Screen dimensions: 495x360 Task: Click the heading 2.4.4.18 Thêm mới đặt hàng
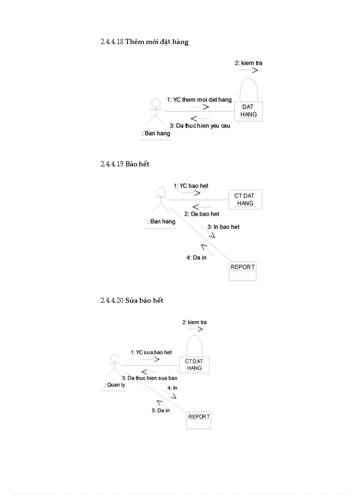144,42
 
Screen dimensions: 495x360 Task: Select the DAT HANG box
248,111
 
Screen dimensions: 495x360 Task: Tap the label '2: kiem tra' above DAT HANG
248,63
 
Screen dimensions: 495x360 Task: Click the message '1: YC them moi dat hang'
199,100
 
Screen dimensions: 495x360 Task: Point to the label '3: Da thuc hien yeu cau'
200,126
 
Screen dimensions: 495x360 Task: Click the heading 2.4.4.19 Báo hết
125,164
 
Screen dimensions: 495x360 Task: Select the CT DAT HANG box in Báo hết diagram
245,200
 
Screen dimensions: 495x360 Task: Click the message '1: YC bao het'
191,186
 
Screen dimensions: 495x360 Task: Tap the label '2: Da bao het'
202,214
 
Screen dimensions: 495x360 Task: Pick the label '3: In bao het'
223,227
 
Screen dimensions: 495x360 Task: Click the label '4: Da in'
196,257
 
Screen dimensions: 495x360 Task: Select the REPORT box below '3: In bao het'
243,271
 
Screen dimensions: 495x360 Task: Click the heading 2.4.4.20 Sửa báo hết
132,301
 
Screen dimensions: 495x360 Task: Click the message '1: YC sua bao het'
151,352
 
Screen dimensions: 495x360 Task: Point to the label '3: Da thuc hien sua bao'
150,378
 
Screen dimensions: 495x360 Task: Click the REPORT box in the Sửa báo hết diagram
199,420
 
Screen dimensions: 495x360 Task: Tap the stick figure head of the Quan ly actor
114,357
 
